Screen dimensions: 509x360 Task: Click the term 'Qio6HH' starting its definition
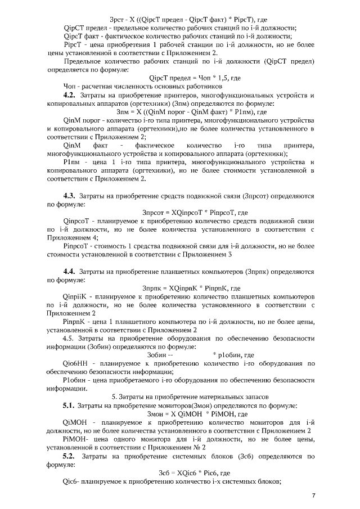point(76,364)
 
